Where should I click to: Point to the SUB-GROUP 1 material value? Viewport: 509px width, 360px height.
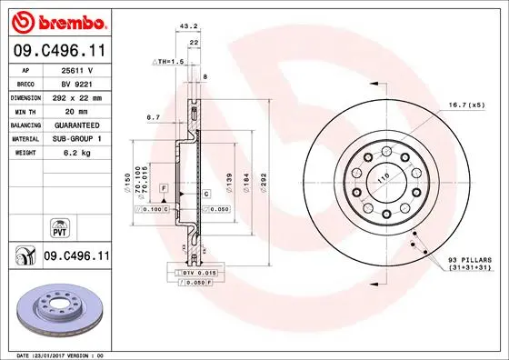76,138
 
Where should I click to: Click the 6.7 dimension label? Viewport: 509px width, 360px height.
153,117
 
